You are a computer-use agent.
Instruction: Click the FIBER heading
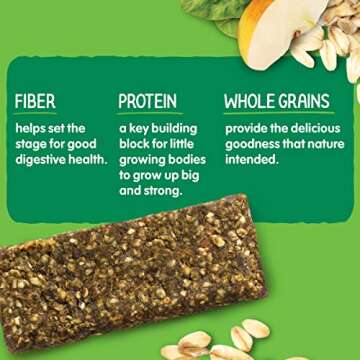(35, 102)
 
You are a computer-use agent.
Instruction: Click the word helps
(33, 129)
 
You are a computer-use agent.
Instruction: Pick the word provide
(247, 129)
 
